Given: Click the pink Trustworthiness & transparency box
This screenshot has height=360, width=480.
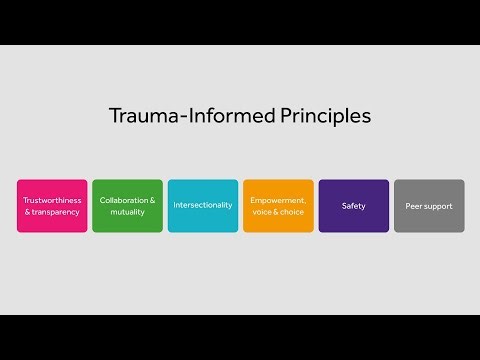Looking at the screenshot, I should point(52,206).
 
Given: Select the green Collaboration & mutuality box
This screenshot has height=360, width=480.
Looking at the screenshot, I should point(127,206).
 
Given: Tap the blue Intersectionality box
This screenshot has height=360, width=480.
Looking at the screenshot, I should point(203,206).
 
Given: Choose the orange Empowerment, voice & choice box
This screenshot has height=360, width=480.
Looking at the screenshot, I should point(278,206).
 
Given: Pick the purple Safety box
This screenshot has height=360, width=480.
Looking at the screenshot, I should point(353,206).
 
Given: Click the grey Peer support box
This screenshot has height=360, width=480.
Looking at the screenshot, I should point(429,206).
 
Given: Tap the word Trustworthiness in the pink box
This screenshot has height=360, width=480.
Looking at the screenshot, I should point(52,200).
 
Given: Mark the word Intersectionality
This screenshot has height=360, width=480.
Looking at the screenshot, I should point(203,206).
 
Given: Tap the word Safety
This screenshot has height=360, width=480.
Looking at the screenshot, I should point(353,206).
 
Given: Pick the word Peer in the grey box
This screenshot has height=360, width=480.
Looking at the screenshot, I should point(413,206).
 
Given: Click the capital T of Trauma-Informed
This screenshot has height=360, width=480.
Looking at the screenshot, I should point(115,116).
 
